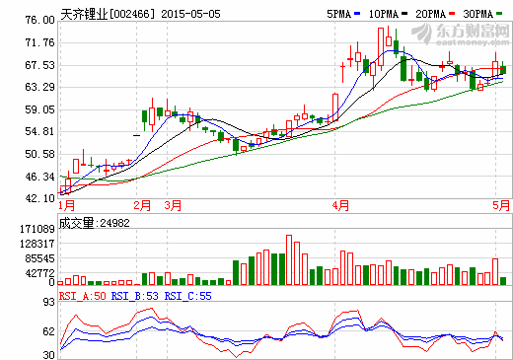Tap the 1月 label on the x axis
click(x=67, y=205)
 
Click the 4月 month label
click(x=341, y=205)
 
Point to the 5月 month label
click(x=501, y=205)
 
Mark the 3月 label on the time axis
click(x=173, y=205)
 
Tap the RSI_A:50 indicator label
click(x=82, y=295)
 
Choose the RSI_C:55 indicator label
click(x=186, y=295)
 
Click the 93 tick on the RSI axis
click(x=46, y=303)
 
